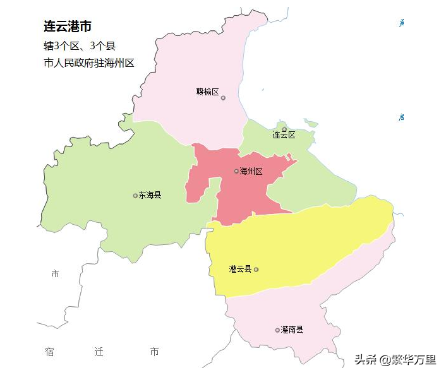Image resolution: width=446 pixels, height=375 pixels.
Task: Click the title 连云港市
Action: pyautogui.click(x=68, y=27)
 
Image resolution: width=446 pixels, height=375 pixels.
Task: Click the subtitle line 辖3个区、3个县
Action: pyautogui.click(x=79, y=46)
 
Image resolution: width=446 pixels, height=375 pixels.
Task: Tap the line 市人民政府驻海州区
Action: pyautogui.click(x=89, y=63)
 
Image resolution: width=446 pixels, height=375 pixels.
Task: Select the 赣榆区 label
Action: pyautogui.click(x=207, y=92)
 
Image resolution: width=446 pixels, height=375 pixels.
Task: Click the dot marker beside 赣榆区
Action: pyautogui.click(x=223, y=98)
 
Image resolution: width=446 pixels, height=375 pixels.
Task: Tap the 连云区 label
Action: pyautogui.click(x=284, y=135)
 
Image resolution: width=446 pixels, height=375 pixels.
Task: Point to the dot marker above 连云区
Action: pyautogui.click(x=284, y=129)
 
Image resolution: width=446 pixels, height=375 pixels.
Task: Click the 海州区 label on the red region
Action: pyautogui.click(x=251, y=171)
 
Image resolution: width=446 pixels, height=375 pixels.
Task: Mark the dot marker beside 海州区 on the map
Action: pyautogui.click(x=236, y=171)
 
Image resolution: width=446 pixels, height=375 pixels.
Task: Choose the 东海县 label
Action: pyautogui.click(x=150, y=195)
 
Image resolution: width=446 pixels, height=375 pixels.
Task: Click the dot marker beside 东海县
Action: pyautogui.click(x=135, y=196)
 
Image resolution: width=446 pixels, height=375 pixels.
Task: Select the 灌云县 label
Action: pyautogui.click(x=240, y=269)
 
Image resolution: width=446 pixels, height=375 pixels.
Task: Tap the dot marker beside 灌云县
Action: pyautogui.click(x=256, y=270)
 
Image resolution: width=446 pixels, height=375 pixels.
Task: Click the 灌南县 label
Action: pyautogui.click(x=292, y=330)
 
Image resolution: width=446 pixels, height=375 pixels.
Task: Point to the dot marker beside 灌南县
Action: pyautogui.click(x=277, y=330)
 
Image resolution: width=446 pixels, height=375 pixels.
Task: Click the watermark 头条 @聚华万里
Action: pyautogui.click(x=395, y=360)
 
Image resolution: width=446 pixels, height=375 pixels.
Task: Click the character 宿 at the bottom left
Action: pyautogui.click(x=50, y=352)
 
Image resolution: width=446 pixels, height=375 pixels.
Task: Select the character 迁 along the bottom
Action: pyautogui.click(x=99, y=352)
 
